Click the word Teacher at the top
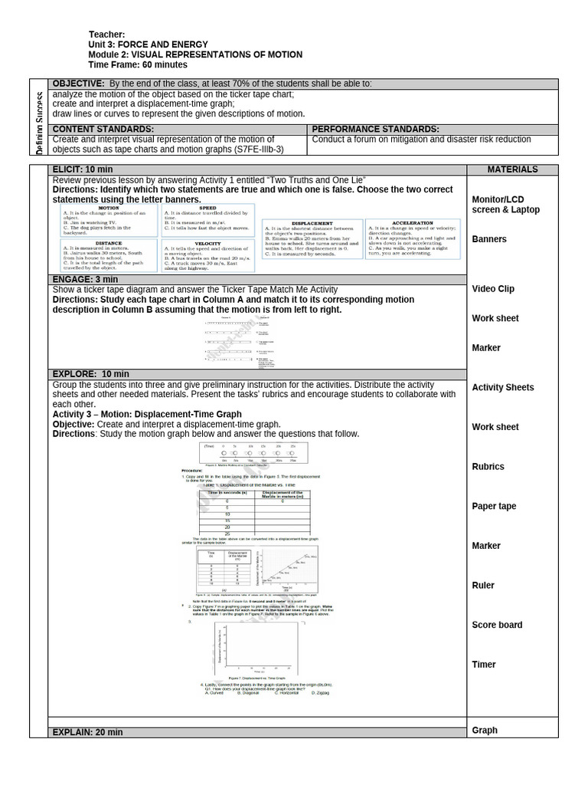tap(106, 34)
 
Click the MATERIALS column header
tap(512, 169)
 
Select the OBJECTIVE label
tap(77, 84)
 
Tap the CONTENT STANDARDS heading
tap(103, 130)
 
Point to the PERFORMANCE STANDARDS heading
tap(376, 130)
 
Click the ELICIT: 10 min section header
tap(82, 169)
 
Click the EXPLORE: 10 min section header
tap(86, 374)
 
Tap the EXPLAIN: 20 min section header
tap(87, 732)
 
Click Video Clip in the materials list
tap(493, 289)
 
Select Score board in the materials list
tap(497, 625)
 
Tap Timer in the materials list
tap(484, 665)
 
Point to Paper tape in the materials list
tap(494, 506)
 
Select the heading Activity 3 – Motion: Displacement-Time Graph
tap(147, 414)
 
